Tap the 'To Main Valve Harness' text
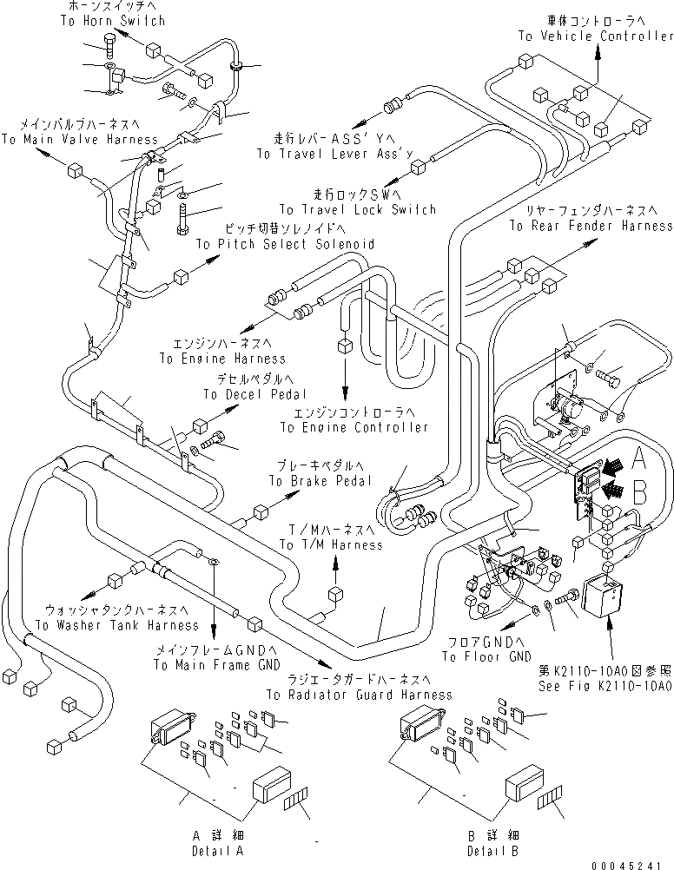pos(79,139)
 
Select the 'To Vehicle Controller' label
pos(596,36)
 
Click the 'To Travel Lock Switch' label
pos(357,209)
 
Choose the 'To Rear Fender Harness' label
pos(591,226)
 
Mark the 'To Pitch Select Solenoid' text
pos(285,245)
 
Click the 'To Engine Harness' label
pos(221,358)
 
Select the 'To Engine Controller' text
pos(354,427)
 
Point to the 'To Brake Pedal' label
pos(320,480)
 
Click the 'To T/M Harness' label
pos(330,544)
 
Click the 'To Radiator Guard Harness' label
pos(359,695)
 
